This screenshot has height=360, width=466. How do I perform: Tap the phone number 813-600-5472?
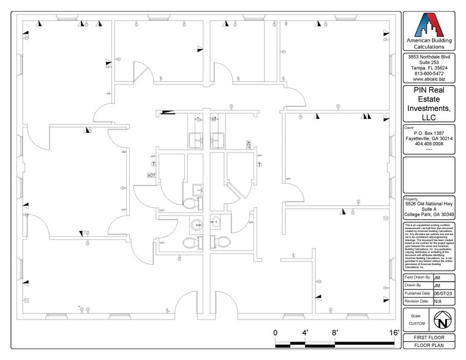pos(429,73)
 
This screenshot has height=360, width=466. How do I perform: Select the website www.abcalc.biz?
pos(429,79)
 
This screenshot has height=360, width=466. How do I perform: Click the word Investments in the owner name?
pos(429,108)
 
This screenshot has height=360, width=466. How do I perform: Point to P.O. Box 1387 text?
pos(429,133)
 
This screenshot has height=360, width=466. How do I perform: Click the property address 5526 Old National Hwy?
pos(429,204)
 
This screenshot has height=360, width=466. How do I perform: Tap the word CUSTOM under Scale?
pos(416,323)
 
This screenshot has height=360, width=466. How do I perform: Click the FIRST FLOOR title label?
pos(429,338)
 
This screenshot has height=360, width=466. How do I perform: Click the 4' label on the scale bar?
pos(305,332)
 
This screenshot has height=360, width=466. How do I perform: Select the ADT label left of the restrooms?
pos(152,175)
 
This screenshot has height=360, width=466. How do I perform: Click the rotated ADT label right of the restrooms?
pos(248,146)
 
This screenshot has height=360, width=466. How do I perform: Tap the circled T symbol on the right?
pos(259,164)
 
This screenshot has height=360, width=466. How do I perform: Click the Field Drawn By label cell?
pos(417,277)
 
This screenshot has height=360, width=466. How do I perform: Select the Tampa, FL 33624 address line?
pos(429,68)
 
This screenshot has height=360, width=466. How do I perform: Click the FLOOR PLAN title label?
pos(429,346)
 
